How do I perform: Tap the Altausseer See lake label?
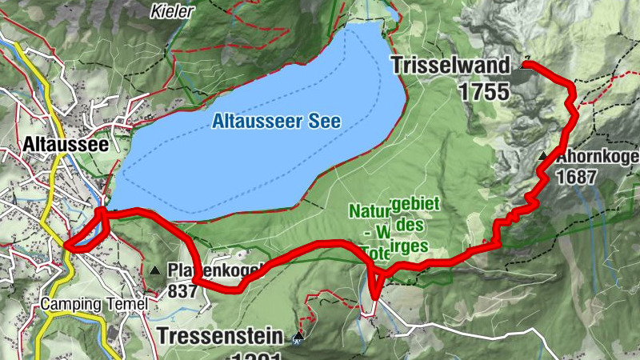tap(277, 122)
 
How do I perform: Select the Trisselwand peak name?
tap(450, 67)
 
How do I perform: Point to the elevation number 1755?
tap(484, 91)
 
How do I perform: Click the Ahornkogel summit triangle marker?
tap(544, 156)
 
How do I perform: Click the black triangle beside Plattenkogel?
tap(154, 270)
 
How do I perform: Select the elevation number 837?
tap(182, 290)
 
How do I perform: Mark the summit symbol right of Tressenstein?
tap(298, 337)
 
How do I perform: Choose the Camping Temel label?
tap(94, 305)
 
